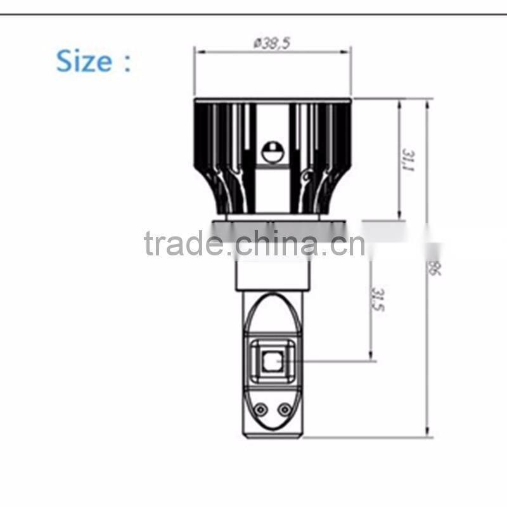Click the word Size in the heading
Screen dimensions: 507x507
(84, 61)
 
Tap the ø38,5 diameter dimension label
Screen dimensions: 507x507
(272, 43)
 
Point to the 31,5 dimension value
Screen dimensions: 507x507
(378, 300)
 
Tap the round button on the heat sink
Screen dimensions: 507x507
(273, 152)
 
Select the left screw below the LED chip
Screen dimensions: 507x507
(259, 409)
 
